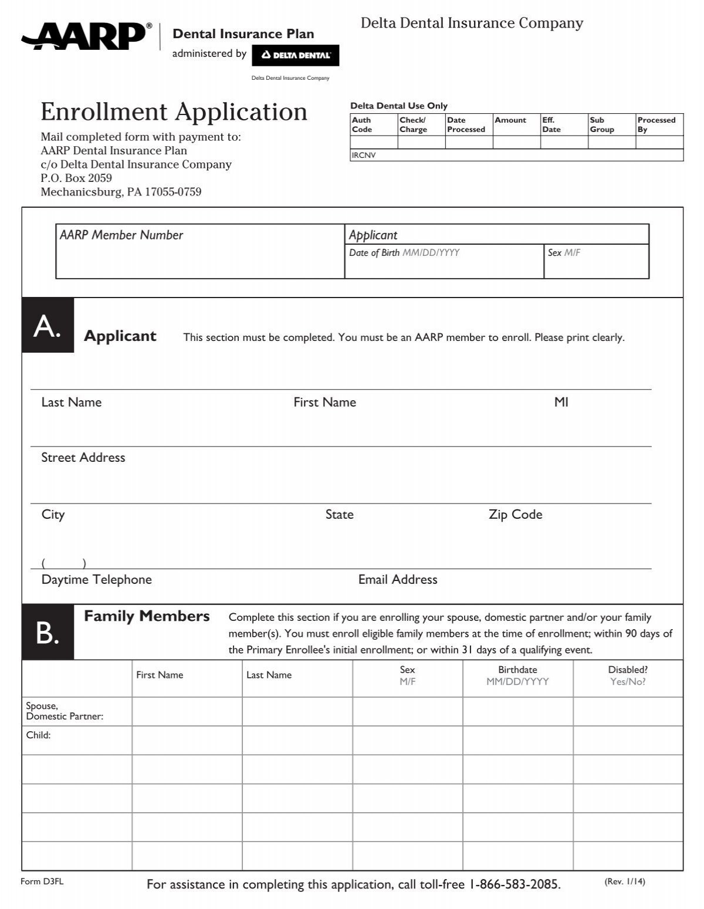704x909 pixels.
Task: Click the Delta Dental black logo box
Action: tap(295, 55)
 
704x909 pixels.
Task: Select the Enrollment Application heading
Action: tap(174, 111)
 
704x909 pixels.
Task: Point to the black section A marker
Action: tap(48, 326)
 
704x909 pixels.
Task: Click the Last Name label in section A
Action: tap(72, 403)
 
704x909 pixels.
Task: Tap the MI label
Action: tap(561, 403)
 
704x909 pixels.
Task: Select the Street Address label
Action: tap(83, 458)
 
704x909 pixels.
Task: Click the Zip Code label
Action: tap(515, 515)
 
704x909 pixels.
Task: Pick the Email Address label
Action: tap(398, 580)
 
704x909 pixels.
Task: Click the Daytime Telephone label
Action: tap(96, 580)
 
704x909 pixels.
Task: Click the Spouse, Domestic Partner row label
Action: tap(65, 711)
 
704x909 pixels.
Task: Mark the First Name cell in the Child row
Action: tap(187, 740)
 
